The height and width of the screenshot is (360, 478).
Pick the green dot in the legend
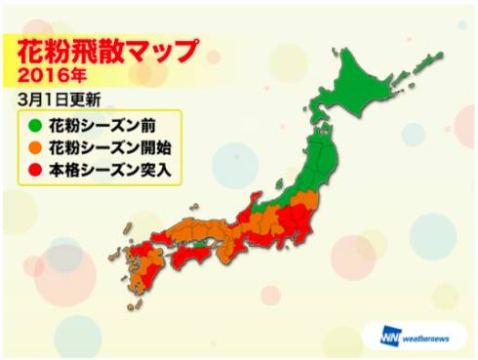point(35,125)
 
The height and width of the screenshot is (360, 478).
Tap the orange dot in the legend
point(35,148)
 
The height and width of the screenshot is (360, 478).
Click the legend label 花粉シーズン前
point(99,125)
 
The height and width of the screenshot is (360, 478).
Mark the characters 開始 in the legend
point(146,148)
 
